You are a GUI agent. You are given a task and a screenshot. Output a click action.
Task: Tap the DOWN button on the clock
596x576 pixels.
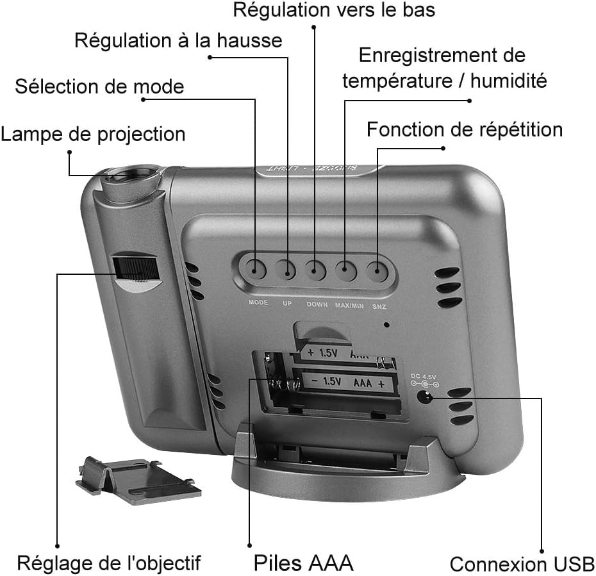click(x=315, y=269)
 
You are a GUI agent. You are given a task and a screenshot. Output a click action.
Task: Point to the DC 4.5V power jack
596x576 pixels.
click(x=424, y=397)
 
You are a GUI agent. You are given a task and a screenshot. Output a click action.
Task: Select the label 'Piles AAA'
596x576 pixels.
click(x=303, y=563)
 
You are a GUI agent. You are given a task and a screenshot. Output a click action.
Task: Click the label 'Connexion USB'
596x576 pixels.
click(x=522, y=564)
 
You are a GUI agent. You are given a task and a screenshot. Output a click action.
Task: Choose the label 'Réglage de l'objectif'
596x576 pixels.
click(x=108, y=563)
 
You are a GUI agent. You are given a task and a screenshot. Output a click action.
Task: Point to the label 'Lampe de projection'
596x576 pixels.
click(x=93, y=134)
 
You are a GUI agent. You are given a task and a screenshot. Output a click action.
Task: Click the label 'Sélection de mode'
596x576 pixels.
click(x=99, y=86)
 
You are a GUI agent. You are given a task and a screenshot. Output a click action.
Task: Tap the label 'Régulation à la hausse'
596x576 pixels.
click(x=178, y=40)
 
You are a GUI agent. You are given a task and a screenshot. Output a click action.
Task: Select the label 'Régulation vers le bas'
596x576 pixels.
click(x=334, y=10)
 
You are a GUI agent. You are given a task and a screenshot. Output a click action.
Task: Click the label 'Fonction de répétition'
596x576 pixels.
click(x=464, y=129)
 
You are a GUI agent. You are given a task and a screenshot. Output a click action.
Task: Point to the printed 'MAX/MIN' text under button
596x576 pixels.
click(x=349, y=305)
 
